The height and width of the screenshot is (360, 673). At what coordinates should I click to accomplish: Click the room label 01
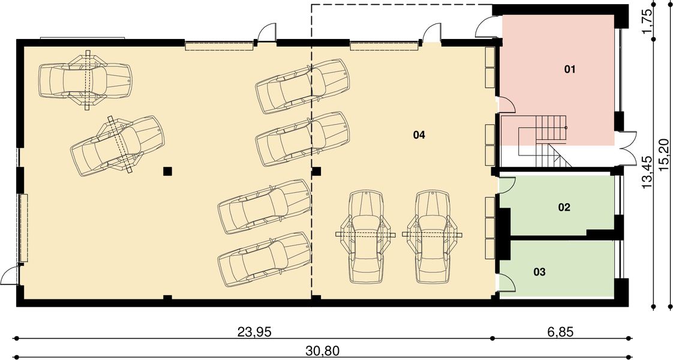point(569,70)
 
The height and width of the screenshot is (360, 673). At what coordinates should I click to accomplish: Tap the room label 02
point(564,208)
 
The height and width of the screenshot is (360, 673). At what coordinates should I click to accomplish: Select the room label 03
point(539,272)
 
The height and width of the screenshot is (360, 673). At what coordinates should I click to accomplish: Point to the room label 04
point(419,135)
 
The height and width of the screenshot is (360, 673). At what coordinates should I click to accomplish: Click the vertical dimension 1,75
point(647,21)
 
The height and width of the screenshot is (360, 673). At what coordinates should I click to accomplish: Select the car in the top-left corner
point(85,80)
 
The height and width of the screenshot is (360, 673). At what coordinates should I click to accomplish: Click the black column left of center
point(168,171)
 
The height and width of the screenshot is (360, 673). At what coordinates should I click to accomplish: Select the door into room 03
point(506,283)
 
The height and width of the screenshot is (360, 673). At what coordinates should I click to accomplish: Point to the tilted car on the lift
point(117,145)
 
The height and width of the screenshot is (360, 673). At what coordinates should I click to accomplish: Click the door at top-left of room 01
point(485,27)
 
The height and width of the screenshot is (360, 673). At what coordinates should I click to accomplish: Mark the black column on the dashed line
point(317,171)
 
